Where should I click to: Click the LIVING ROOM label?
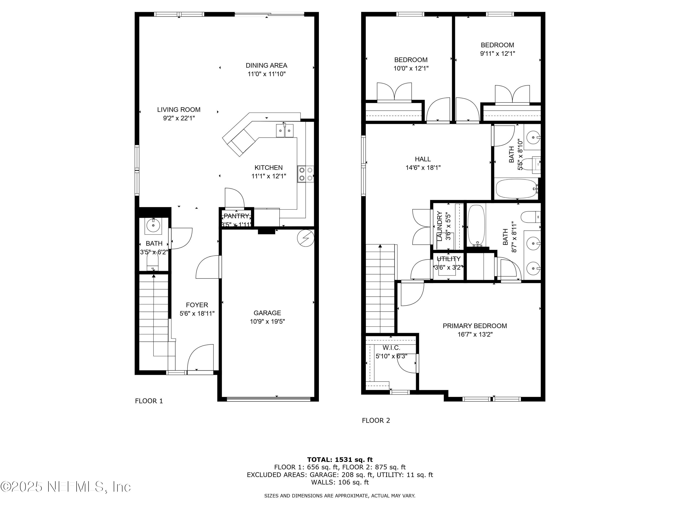coord(179,109)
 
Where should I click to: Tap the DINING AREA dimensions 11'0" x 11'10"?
coord(267,74)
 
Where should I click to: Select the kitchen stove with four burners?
coord(305,174)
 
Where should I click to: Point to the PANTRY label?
coord(236,216)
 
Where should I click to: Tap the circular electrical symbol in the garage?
coord(306,238)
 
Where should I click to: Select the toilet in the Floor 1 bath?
coord(153,262)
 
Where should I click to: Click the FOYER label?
coord(197,305)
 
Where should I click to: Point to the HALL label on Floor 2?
coord(423,159)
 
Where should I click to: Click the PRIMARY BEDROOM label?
coord(475,326)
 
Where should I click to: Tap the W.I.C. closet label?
coord(391,348)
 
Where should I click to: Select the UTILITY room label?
coord(449,259)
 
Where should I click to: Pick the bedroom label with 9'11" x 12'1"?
coord(497,45)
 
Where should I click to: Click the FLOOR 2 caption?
coord(376,420)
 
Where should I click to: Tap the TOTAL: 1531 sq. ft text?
coord(340,460)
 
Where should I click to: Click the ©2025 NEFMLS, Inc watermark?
coord(66,487)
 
